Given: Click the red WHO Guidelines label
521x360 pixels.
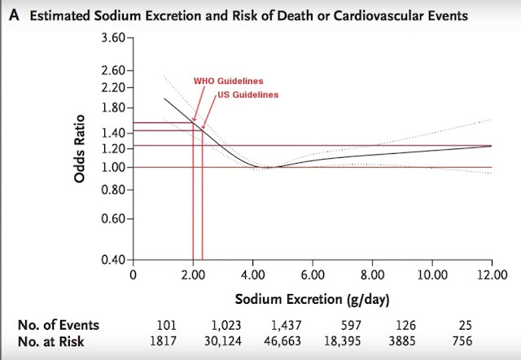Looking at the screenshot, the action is [228, 81].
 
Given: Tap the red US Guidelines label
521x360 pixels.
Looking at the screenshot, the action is [247, 94].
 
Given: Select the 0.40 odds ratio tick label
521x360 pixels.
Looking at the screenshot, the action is [113, 260].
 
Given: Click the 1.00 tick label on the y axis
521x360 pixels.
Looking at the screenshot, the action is [113, 167].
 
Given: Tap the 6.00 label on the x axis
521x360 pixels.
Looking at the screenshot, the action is [313, 275].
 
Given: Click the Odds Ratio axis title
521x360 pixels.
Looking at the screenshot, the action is [80, 148].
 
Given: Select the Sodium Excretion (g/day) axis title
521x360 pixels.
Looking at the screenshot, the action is [312, 299].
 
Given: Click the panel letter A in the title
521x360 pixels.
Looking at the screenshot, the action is [14, 15].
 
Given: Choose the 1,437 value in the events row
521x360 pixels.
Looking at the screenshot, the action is [287, 325].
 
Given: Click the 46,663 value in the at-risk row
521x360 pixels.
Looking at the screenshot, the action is [282, 341].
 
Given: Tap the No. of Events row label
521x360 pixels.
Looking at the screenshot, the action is [59, 325].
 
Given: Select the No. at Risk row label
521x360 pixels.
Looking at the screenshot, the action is [50, 341].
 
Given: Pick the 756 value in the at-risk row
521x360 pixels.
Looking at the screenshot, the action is [462, 341].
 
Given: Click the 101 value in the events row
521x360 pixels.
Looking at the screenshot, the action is [167, 325].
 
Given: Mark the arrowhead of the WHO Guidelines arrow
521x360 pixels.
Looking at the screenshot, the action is [194, 120].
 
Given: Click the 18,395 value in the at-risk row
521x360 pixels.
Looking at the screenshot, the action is [342, 341].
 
